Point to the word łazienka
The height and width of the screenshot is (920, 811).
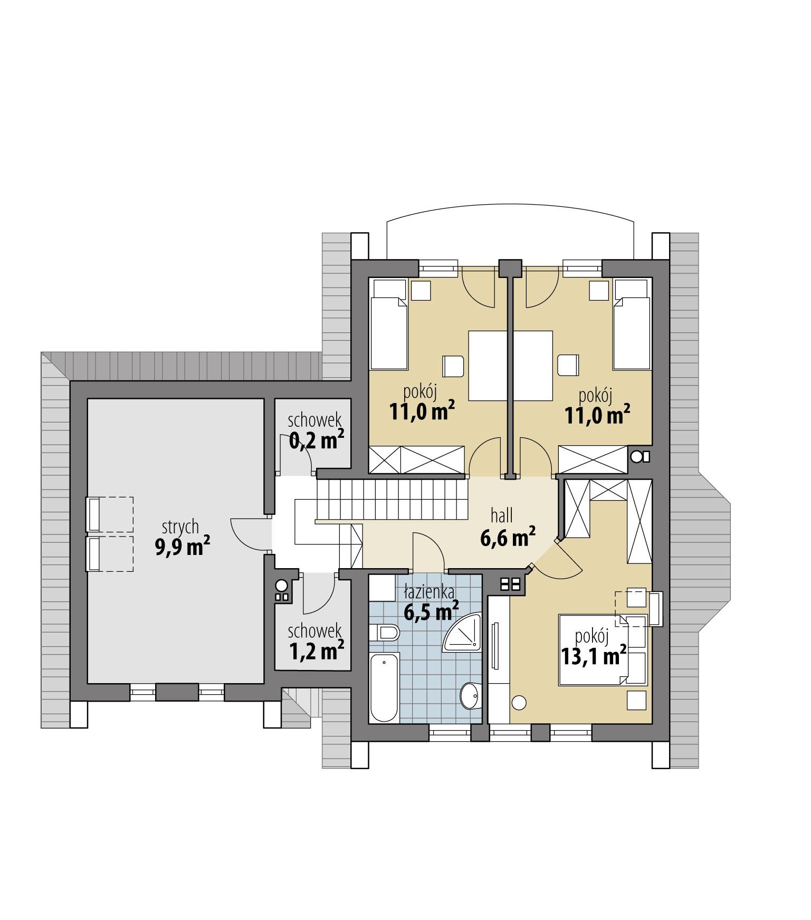coord(429,592)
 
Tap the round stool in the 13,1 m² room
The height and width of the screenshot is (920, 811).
coord(519,703)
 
